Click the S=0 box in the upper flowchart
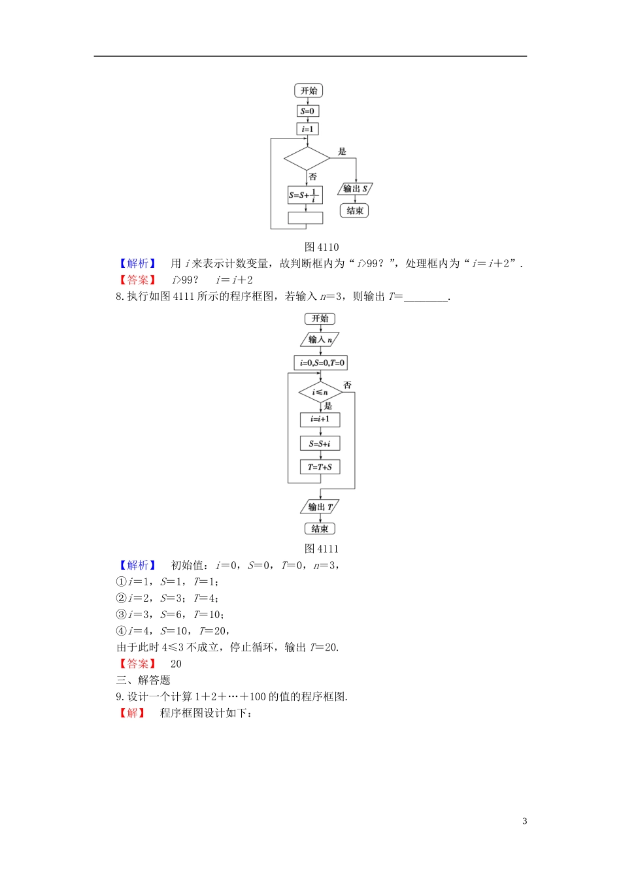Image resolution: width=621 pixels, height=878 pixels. [x=307, y=111]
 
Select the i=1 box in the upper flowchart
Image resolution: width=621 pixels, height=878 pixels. [x=307, y=129]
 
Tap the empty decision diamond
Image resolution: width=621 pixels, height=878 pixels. [x=307, y=159]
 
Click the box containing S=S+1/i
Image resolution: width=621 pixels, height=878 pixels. [x=305, y=195]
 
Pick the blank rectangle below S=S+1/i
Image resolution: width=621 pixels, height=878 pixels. [x=305, y=218]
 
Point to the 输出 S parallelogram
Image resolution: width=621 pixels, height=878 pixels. [x=355, y=189]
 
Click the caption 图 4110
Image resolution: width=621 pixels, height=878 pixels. [x=322, y=247]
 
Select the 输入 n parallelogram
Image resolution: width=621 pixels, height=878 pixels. [x=320, y=340]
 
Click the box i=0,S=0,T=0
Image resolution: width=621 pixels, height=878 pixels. [x=320, y=363]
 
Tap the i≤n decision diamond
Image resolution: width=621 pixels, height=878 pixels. [x=320, y=392]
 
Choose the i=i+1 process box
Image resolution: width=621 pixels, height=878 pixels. [x=320, y=419]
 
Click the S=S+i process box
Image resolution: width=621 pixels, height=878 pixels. [x=320, y=444]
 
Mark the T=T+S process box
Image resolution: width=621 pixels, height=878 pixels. [x=320, y=467]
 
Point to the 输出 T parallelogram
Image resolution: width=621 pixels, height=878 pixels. [x=320, y=507]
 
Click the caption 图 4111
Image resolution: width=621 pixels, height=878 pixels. [x=322, y=549]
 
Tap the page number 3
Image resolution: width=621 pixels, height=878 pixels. [x=524, y=821]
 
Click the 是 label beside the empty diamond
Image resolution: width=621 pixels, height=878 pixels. [x=342, y=152]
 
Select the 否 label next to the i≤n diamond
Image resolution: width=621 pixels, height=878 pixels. [x=347, y=385]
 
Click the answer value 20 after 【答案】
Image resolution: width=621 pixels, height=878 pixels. [x=176, y=664]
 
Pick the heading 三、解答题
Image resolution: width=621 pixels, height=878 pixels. [x=143, y=680]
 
